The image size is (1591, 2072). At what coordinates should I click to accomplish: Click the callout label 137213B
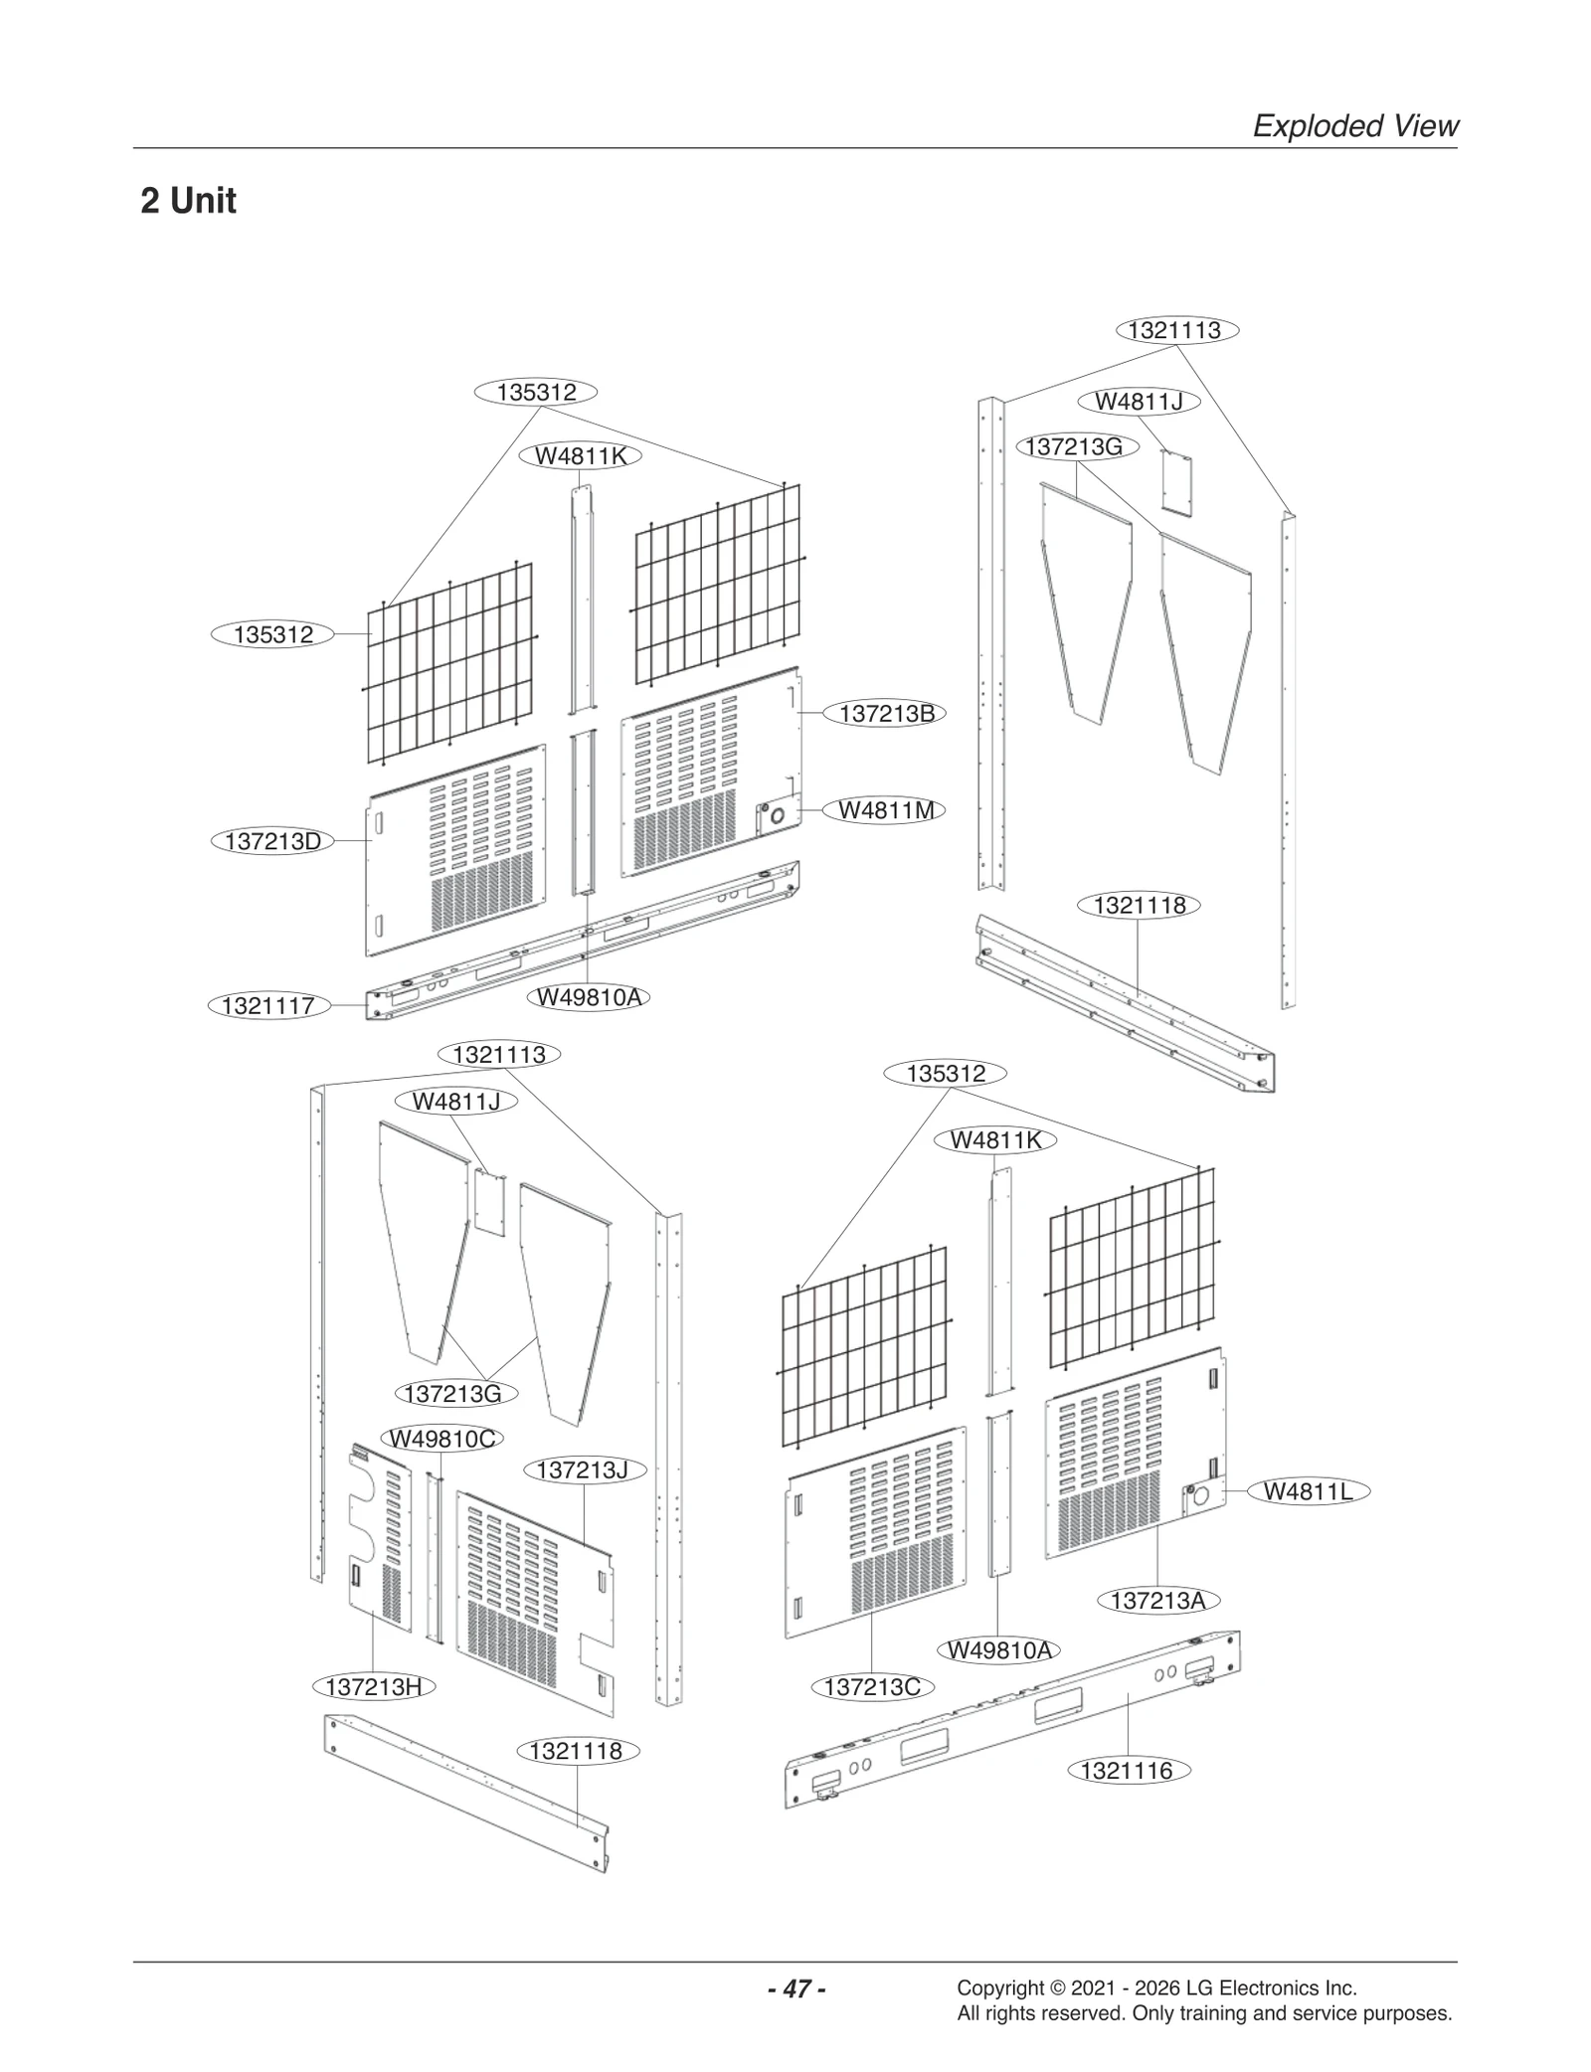(x=886, y=714)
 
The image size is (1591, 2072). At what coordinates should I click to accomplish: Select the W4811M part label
(x=886, y=810)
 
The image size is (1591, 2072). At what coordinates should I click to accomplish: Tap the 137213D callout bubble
(x=272, y=841)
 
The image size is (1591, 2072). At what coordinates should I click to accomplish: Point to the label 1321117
(x=267, y=1005)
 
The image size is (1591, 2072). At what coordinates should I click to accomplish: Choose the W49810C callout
(x=442, y=1439)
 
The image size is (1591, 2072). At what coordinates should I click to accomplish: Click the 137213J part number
(x=582, y=1469)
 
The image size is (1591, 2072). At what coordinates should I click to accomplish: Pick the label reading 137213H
(x=373, y=1686)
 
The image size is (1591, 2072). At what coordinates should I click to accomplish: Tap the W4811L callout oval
(x=1308, y=1491)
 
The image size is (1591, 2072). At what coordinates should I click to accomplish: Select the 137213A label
(x=1157, y=1601)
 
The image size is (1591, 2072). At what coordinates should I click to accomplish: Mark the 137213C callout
(x=872, y=1686)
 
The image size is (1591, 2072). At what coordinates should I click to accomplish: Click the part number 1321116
(x=1127, y=1771)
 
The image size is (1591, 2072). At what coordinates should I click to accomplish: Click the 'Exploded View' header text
(x=1354, y=126)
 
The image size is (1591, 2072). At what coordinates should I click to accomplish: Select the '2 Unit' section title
(x=189, y=201)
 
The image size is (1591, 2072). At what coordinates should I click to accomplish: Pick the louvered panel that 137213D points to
(x=457, y=850)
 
